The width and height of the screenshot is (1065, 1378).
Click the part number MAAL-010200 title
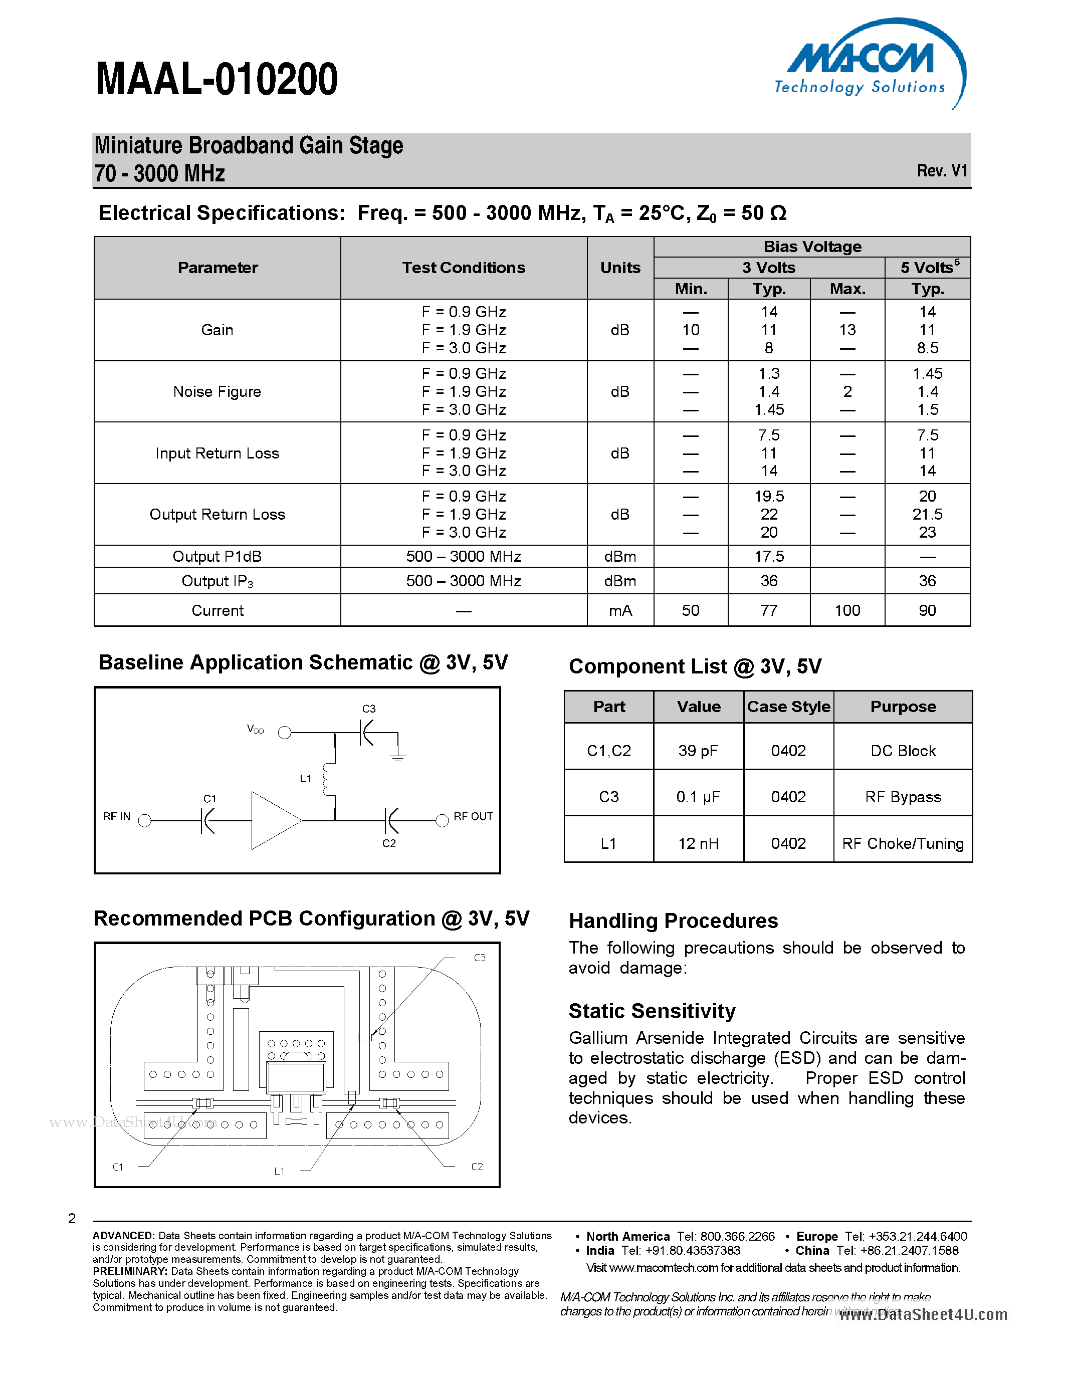click(x=217, y=80)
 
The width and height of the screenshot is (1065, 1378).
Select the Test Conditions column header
click(x=463, y=268)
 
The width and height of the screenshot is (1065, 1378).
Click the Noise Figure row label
click(x=217, y=392)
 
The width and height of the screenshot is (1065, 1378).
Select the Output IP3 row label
click(x=217, y=581)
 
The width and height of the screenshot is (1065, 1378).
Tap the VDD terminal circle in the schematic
click(x=285, y=733)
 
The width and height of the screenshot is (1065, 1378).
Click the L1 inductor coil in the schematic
click(x=326, y=780)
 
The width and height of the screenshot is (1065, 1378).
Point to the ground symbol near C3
click(x=397, y=757)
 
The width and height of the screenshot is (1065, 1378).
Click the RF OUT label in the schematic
click(x=473, y=816)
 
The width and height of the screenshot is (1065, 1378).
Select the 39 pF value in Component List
click(x=698, y=751)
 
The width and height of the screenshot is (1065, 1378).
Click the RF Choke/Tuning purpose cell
click(x=902, y=843)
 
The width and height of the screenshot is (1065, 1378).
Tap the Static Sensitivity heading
click(x=652, y=1011)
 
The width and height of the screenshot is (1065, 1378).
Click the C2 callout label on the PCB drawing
click(x=477, y=1167)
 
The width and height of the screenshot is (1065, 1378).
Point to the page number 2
click(x=72, y=1218)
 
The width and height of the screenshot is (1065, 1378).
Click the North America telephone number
click(x=737, y=1236)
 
